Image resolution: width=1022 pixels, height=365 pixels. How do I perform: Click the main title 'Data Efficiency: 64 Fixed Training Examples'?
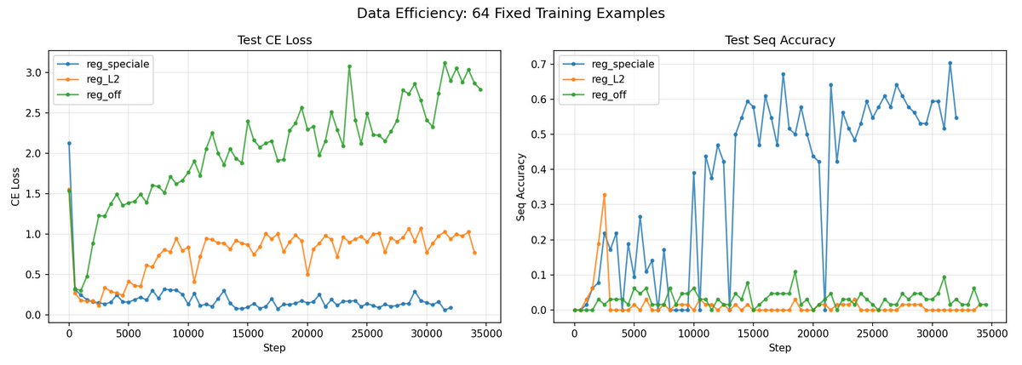click(510, 13)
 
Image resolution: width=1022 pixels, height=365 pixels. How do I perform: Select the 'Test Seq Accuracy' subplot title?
click(779, 39)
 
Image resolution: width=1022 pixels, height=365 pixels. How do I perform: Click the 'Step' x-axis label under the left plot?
click(273, 349)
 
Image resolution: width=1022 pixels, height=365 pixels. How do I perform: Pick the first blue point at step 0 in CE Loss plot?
click(69, 143)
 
